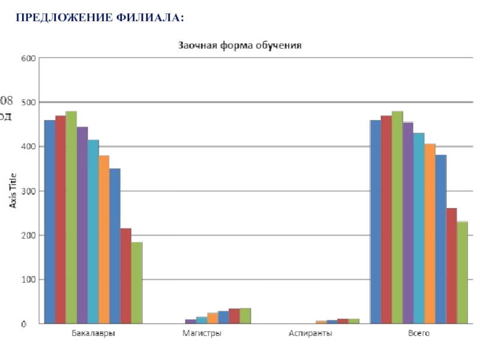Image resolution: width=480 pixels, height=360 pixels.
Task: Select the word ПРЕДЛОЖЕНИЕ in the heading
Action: coord(64,18)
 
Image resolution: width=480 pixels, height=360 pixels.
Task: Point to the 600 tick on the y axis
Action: coord(29,58)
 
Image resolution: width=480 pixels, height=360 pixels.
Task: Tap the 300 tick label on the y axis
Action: coord(29,191)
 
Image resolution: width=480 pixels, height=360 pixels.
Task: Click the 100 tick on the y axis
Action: coord(29,280)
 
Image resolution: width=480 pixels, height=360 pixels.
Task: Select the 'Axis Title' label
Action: coord(13,190)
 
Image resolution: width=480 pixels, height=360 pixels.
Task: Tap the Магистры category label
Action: coord(202,333)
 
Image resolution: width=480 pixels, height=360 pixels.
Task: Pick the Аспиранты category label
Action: coord(310,333)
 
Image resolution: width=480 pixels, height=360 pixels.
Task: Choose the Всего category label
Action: coord(419,333)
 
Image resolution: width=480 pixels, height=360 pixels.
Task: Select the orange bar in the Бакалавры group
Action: coord(104,239)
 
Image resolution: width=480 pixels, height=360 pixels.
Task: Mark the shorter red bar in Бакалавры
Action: coord(125,276)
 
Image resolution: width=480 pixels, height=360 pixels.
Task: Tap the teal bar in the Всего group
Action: coord(419,228)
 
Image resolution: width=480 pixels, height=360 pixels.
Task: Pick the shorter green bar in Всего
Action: coord(462,273)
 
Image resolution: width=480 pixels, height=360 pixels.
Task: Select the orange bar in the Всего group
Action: coord(430,234)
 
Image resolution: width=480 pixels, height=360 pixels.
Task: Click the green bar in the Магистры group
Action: coord(245,316)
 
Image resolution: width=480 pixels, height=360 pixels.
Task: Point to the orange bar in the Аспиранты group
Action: coord(321,322)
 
